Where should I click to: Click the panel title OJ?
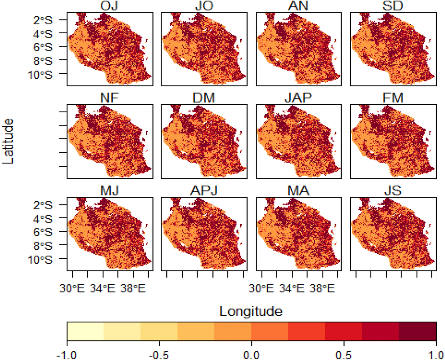pos(109,6)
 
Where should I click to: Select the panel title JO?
pos(204,6)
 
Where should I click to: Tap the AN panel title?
pos(298,6)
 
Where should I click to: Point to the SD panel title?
pos(393,6)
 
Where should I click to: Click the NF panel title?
pos(109,98)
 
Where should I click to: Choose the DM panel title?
pos(204,98)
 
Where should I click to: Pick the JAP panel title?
pos(298,98)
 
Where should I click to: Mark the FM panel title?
pos(393,98)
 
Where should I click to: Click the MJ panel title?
pos(109,190)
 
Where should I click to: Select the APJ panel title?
pos(204,190)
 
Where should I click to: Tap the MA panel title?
pos(298,190)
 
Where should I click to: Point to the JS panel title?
pos(393,190)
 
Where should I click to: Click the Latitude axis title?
pos(8,141)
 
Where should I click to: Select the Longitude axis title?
pos(251,311)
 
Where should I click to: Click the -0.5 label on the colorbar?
pos(159,355)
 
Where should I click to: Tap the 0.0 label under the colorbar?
pos(251,355)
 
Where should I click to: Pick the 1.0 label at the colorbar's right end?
pos(435,355)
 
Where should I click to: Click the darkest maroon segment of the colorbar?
pos(417,331)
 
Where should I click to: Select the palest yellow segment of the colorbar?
pos(86,331)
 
